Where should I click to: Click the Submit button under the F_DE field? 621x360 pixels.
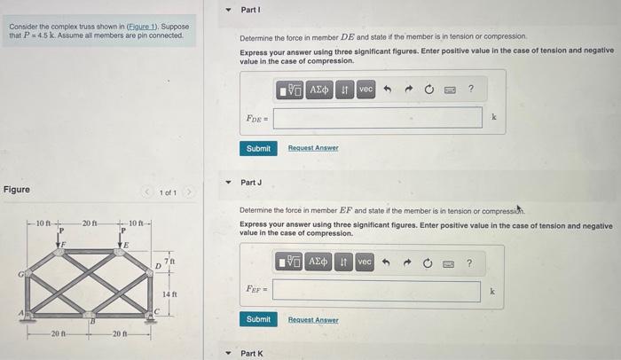tap(258, 148)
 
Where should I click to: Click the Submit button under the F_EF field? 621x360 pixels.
tap(258, 319)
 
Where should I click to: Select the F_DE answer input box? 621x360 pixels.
tap(378, 118)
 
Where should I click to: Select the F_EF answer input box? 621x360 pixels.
tap(378, 290)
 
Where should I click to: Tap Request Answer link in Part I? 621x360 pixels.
tap(313, 148)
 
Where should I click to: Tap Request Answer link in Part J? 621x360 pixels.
tap(313, 319)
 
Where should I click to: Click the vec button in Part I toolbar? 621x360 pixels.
tap(366, 90)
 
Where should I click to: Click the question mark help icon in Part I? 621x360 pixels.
tap(471, 90)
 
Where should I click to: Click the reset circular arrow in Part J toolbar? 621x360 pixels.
tap(428, 262)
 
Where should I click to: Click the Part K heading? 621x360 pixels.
tap(252, 354)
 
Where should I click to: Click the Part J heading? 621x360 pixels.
tap(251, 183)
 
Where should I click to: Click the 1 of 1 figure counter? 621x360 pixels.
tap(168, 192)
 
